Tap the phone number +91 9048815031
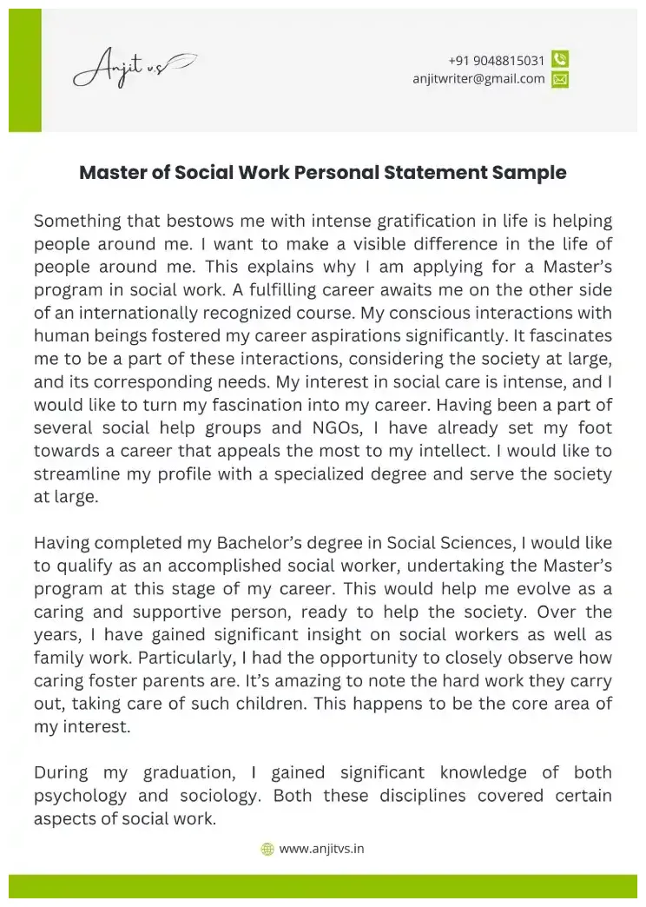(497, 60)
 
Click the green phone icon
(560, 60)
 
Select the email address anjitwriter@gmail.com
(478, 78)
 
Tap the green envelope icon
(560, 79)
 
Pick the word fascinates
(571, 335)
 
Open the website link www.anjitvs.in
(321, 849)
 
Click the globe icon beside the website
(267, 849)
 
